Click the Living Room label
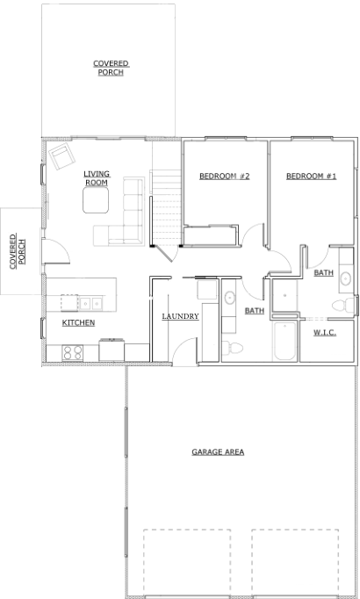[97, 178]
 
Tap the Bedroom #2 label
[225, 177]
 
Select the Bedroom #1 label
[311, 177]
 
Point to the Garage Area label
[218, 452]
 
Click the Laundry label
[180, 316]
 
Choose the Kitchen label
[78, 323]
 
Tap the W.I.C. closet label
[325, 333]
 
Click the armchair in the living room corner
[61, 156]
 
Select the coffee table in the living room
[96, 200]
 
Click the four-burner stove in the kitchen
[73, 352]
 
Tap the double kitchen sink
[90, 304]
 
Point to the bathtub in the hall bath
[284, 341]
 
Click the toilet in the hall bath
[233, 347]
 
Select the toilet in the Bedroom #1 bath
[343, 306]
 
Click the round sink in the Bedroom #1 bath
[346, 279]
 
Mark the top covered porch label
[111, 68]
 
